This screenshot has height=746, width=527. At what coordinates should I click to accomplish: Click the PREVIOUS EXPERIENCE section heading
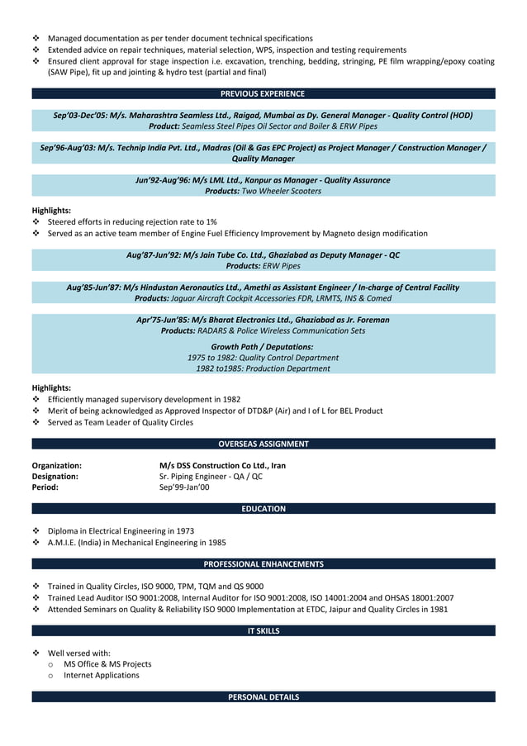263,93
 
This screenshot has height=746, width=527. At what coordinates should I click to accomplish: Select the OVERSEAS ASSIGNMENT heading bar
263,444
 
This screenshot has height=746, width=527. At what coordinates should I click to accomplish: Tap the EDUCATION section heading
263,509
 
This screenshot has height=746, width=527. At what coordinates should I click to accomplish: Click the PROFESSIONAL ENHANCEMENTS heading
263,564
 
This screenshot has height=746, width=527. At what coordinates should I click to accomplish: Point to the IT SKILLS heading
263,631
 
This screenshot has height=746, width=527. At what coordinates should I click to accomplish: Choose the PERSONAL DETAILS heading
263,697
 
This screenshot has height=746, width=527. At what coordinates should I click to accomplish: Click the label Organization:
56,466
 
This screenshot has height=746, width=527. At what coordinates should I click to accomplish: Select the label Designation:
55,477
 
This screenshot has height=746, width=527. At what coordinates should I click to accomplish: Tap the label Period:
45,487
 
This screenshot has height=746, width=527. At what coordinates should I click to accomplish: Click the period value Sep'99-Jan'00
184,487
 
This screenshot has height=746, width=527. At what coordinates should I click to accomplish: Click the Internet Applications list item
102,675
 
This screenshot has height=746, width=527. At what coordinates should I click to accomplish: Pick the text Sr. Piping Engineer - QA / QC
211,477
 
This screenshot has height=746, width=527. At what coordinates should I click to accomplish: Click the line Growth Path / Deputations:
263,346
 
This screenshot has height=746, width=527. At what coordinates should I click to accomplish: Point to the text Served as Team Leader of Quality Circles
121,422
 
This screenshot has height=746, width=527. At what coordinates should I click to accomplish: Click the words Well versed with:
79,653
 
